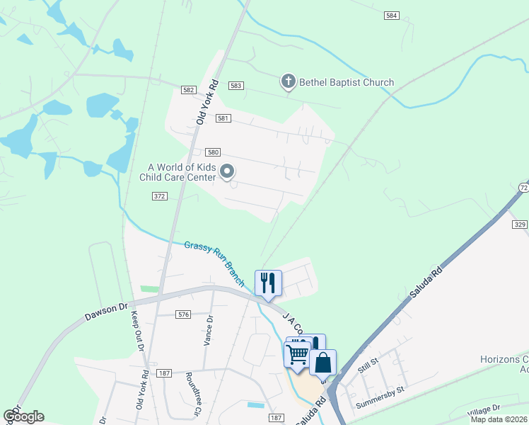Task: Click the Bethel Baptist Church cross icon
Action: [x=288, y=82]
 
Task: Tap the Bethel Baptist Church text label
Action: [x=347, y=83]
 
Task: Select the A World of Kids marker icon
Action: [x=228, y=171]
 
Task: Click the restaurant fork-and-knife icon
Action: [x=268, y=283]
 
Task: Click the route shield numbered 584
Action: [x=393, y=15]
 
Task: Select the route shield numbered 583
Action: [x=236, y=85]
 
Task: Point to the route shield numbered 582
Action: [x=188, y=90]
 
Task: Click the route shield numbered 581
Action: [x=223, y=119]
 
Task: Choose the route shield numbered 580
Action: [x=213, y=152]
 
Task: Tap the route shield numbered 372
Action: [x=158, y=195]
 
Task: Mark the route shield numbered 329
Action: [x=519, y=224]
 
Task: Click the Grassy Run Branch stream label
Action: [x=214, y=263]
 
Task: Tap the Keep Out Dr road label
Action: [x=136, y=331]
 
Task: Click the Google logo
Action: [x=23, y=416]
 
